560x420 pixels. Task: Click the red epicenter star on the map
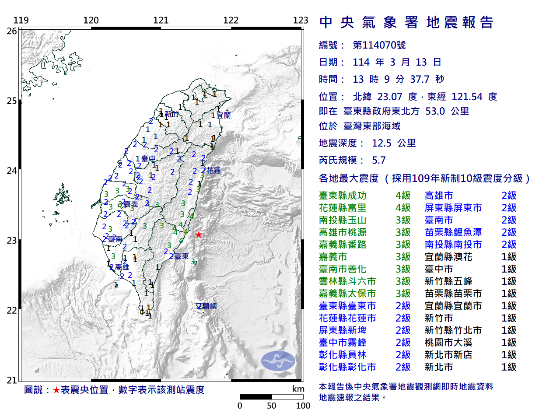point(199,234)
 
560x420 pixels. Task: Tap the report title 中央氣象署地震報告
point(406,22)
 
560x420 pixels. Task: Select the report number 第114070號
point(379,45)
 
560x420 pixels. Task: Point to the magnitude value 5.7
point(379,160)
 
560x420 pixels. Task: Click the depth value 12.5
point(381,143)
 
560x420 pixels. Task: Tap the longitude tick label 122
point(231,20)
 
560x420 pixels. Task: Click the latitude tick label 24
point(11,171)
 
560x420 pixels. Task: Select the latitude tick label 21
point(11,380)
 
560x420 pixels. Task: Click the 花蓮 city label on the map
point(213,171)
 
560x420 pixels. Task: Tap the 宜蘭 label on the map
point(224,115)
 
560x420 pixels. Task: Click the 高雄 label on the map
point(122,267)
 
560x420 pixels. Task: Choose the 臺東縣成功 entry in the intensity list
point(343,196)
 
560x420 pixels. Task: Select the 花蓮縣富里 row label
point(343,208)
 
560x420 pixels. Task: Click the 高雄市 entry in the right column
point(439,196)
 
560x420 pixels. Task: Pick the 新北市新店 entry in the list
point(448,355)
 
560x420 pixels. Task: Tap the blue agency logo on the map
point(278,361)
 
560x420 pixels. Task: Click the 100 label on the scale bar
point(303,406)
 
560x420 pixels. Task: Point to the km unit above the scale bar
point(298,389)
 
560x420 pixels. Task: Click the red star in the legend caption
point(56,390)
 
